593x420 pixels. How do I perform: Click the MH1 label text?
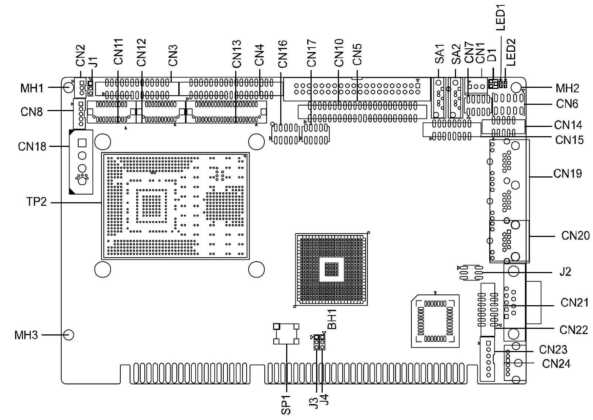pos(32,88)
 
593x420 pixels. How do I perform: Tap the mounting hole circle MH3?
pos(69,335)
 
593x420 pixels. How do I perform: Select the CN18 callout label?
pos(32,147)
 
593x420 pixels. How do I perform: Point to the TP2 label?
pos(37,202)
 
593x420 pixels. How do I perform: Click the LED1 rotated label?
pos(500,17)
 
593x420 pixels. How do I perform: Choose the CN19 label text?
pos(568,173)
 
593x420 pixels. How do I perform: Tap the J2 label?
pos(565,272)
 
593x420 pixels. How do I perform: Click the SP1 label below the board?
pos(286,405)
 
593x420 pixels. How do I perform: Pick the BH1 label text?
pos(332,319)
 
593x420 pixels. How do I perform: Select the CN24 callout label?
pos(556,364)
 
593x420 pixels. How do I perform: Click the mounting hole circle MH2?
pos(516,87)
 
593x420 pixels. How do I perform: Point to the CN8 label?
pos(31,112)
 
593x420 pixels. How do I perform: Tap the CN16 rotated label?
pos(283,54)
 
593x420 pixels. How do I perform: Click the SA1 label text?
pos(439,54)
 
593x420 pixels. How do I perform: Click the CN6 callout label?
pos(567,104)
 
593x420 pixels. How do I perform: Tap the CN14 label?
pos(568,125)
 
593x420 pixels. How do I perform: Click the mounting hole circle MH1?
pos(69,87)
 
